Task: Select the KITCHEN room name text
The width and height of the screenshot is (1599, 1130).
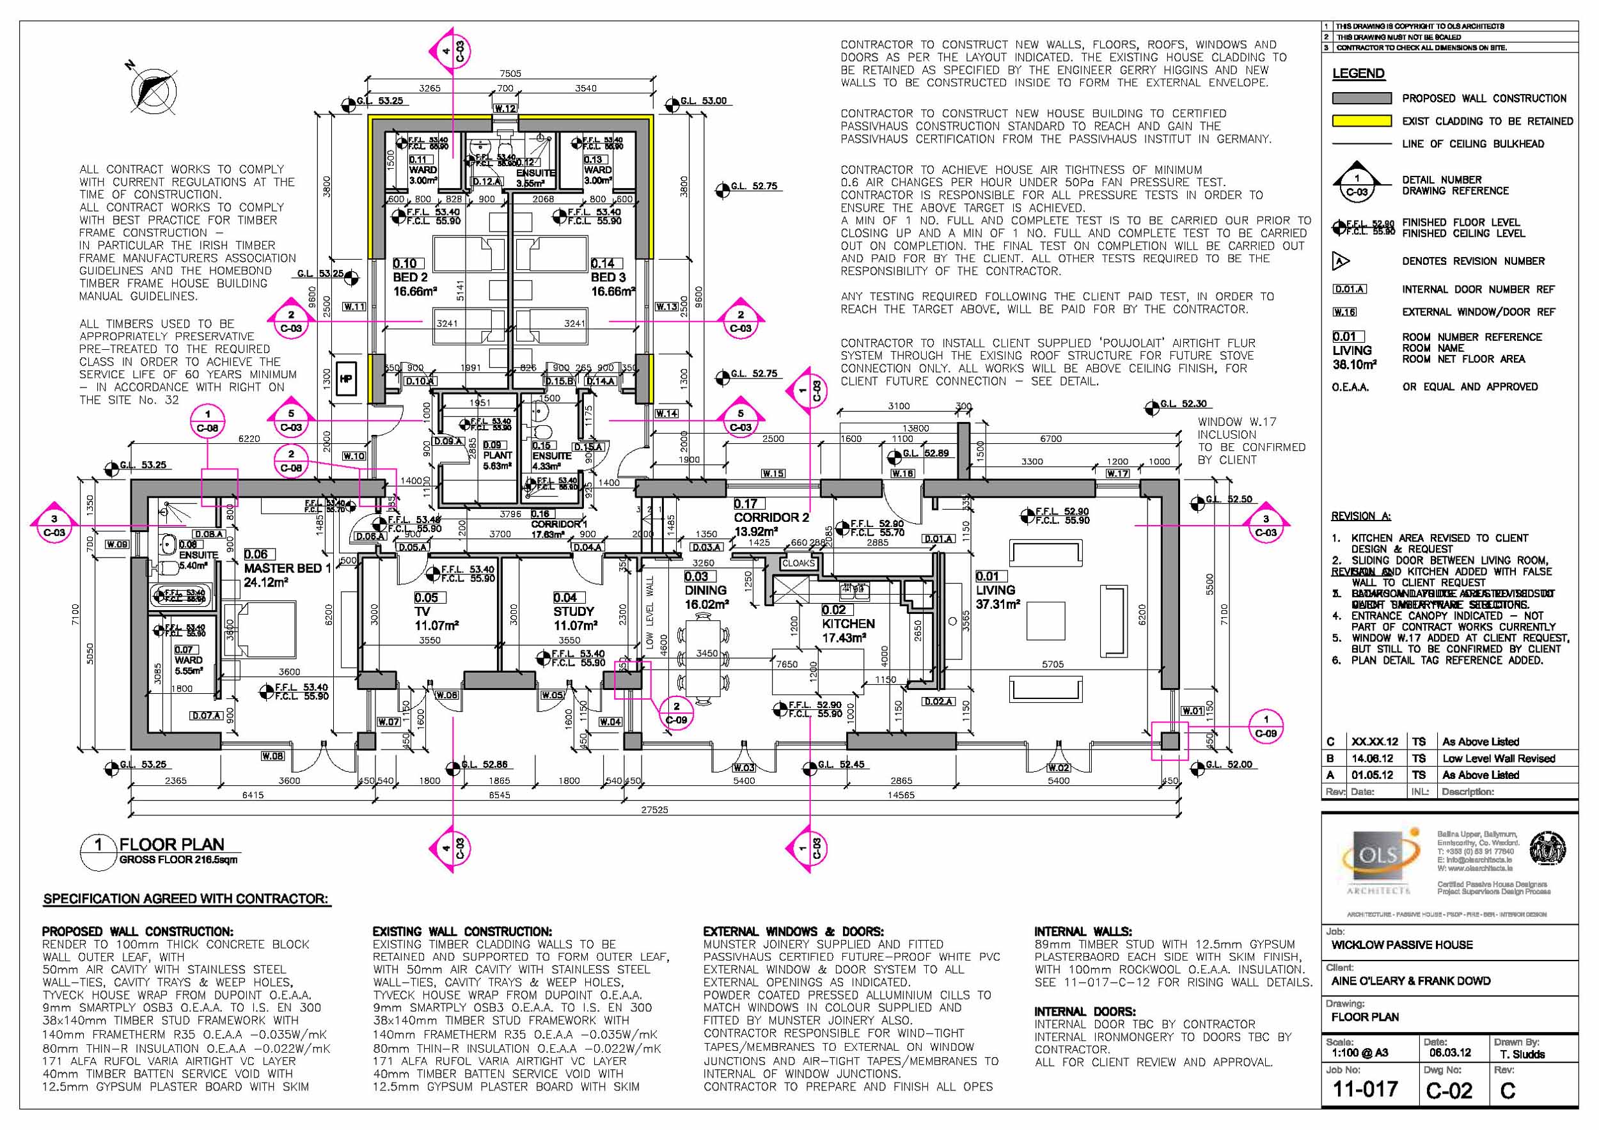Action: pyautogui.click(x=847, y=624)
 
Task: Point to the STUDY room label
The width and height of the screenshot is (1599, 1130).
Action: pyautogui.click(x=573, y=611)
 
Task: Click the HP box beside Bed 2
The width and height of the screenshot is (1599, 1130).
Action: pyautogui.click(x=346, y=379)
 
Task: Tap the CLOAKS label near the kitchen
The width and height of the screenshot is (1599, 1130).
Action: pyautogui.click(x=798, y=563)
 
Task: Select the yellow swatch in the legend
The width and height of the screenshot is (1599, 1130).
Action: pyautogui.click(x=1361, y=121)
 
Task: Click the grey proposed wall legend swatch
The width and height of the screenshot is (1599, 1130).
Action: pyautogui.click(x=1361, y=98)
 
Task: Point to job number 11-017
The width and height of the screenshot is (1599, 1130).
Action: pyautogui.click(x=1365, y=1089)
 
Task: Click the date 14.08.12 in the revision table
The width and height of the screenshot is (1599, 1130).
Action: pyautogui.click(x=1372, y=758)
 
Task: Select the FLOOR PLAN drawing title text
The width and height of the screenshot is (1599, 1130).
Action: pyautogui.click(x=171, y=845)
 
